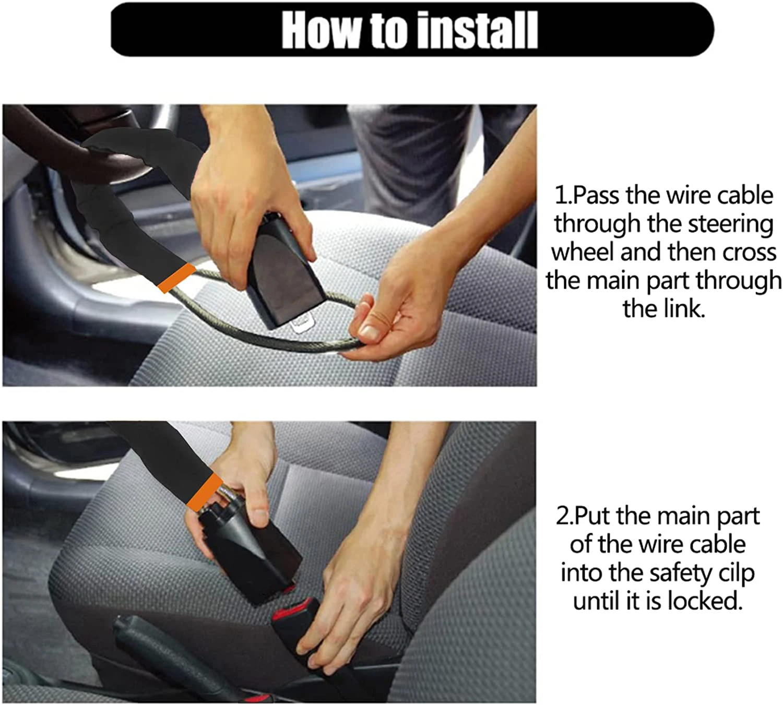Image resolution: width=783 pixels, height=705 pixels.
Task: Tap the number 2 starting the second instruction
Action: click(563, 517)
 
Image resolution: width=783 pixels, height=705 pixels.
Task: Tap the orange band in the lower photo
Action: click(204, 491)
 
